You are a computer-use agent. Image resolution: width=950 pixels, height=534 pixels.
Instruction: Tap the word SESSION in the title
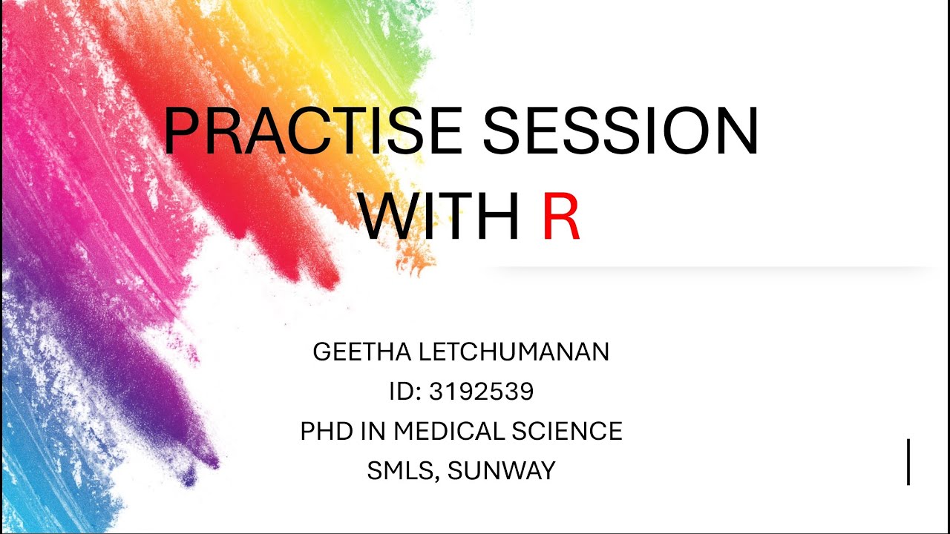620,131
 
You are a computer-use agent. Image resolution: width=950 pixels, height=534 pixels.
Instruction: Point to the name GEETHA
361,352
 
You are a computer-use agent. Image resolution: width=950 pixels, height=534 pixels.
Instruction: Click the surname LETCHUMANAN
514,352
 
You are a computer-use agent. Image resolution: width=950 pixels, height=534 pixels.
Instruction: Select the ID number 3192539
481,391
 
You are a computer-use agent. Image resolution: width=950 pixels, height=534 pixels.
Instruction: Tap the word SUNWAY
502,470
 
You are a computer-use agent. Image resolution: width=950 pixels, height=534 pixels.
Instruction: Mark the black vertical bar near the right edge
908,461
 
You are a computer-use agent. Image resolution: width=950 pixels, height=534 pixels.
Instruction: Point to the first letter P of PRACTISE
181,131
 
